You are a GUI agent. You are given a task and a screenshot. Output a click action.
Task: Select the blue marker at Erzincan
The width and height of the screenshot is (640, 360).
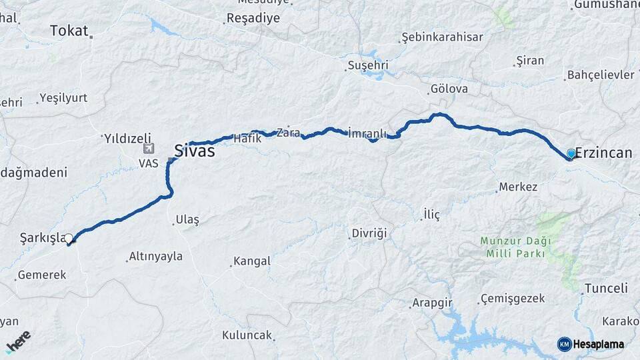[x=571, y=154]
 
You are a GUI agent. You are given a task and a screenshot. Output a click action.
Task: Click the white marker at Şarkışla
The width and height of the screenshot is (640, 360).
[x=69, y=238]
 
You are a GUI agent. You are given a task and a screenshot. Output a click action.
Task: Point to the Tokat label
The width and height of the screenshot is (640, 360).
[x=69, y=30]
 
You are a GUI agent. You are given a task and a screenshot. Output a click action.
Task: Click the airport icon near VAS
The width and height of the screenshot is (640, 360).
[x=149, y=149]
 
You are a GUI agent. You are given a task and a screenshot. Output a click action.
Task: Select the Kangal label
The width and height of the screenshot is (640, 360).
[x=253, y=261]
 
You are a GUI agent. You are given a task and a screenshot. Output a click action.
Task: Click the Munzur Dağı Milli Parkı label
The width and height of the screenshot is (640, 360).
[x=513, y=247]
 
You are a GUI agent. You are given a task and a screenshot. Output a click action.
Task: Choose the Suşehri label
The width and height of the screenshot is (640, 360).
[x=367, y=65]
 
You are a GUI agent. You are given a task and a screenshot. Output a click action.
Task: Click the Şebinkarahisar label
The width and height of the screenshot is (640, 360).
[x=443, y=37]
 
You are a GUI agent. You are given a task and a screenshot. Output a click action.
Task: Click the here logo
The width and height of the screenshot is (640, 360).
[x=19, y=342]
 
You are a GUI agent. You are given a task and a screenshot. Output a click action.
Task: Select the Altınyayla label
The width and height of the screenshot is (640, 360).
[x=155, y=256]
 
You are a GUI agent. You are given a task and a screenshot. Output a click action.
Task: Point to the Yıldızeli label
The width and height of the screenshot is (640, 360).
[x=127, y=139]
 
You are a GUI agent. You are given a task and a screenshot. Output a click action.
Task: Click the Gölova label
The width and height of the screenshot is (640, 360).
[x=449, y=89]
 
